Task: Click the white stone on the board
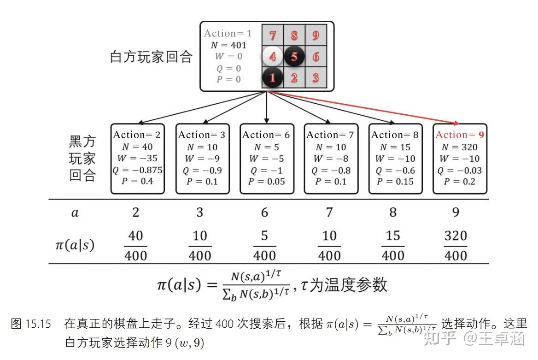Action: tap(272, 57)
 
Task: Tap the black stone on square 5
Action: tap(294, 57)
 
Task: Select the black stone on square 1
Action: tap(272, 78)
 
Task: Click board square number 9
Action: tap(316, 35)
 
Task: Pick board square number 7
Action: tap(272, 35)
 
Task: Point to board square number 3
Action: tap(316, 78)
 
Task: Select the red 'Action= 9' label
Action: tap(460, 135)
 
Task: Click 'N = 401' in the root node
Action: tap(228, 45)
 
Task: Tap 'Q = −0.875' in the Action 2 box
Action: tap(138, 170)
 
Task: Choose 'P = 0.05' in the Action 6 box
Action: tap(266, 181)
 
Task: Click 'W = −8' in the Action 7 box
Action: tap(331, 159)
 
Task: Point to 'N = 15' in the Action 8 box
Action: tap(395, 147)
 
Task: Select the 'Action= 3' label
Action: tap(202, 135)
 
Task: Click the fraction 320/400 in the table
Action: tap(456, 245)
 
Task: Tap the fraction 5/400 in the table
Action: tap(264, 245)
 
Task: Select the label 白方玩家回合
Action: tap(151, 57)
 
